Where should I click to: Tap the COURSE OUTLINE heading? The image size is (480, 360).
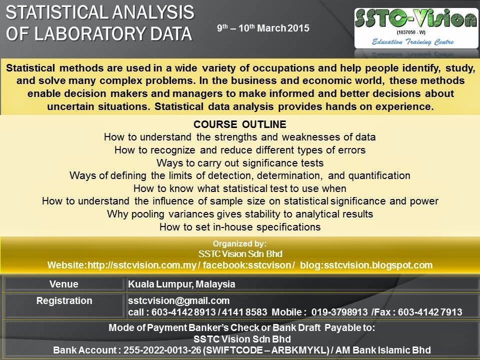pyautogui.click(x=240, y=124)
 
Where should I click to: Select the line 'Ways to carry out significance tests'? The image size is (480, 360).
pyautogui.click(x=240, y=163)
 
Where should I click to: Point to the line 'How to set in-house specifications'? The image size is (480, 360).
pyautogui.click(x=240, y=227)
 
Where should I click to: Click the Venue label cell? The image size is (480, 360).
pyautogui.click(x=64, y=284)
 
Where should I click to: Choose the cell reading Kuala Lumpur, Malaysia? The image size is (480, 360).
pyautogui.click(x=181, y=284)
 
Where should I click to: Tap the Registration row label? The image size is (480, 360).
pyautogui.click(x=64, y=300)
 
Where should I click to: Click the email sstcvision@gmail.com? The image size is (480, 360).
pyautogui.click(x=178, y=300)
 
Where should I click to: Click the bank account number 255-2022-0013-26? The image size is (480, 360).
pyautogui.click(x=158, y=349)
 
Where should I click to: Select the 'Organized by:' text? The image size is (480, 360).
pyautogui.click(x=240, y=244)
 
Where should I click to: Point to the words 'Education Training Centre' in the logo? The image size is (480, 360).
pyautogui.click(x=415, y=43)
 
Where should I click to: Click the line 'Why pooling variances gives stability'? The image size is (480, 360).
pyautogui.click(x=240, y=214)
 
